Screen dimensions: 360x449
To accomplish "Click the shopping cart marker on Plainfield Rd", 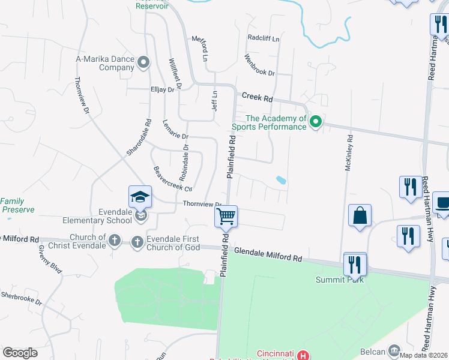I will tap(226, 216).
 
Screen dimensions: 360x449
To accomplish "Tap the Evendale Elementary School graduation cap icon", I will tap(139, 196).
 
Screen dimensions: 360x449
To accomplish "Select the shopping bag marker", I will tap(360, 216).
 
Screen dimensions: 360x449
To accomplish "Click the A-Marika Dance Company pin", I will tap(143, 62).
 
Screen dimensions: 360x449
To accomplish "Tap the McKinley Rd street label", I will tap(348, 152).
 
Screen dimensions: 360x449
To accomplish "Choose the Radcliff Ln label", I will tap(264, 38).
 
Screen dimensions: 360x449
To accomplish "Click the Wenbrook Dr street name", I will tap(259, 65).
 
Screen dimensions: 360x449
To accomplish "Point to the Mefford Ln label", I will tap(200, 48).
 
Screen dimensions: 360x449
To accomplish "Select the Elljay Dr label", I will tap(162, 89).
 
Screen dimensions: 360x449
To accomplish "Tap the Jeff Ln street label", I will tap(214, 100).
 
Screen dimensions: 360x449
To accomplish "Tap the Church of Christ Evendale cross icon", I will tap(115, 241).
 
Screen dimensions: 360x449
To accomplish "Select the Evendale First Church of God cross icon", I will tap(137, 241).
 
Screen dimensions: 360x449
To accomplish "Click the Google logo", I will tap(20, 353).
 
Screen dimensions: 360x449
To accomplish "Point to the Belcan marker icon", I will tap(394, 350).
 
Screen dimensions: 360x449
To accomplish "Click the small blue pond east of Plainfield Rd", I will tap(280, 179).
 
